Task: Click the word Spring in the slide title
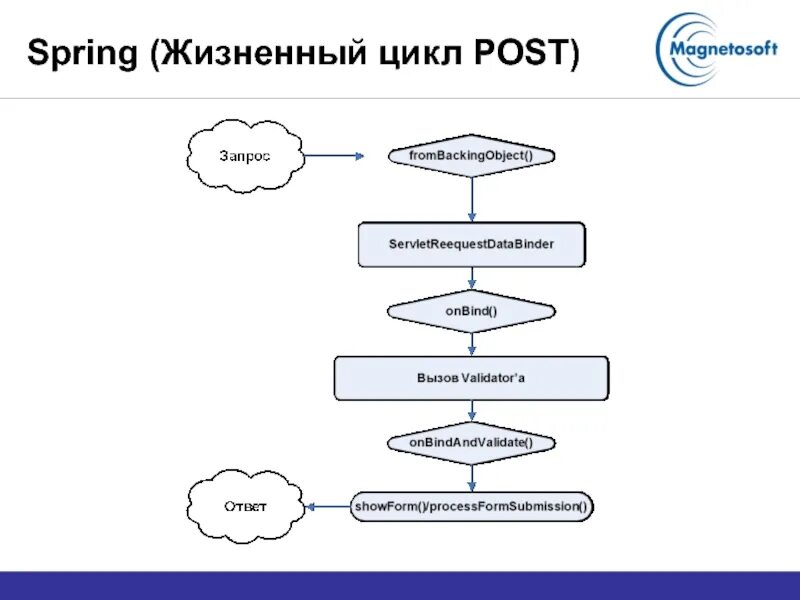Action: [83, 52]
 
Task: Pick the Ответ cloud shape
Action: [245, 506]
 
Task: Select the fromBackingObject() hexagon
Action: [470, 156]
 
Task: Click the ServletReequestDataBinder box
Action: [470, 244]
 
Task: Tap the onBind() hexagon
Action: [470, 311]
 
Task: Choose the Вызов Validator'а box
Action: [470, 379]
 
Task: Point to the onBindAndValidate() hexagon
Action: [470, 442]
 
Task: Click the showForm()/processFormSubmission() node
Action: [470, 506]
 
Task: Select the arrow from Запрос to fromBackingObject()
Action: [334, 155]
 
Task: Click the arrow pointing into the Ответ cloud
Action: [326, 506]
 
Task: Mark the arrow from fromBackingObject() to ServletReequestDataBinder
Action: [471, 199]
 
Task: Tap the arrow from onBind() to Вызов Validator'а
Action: [471, 343]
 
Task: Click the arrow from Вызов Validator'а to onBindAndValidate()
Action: [471, 412]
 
